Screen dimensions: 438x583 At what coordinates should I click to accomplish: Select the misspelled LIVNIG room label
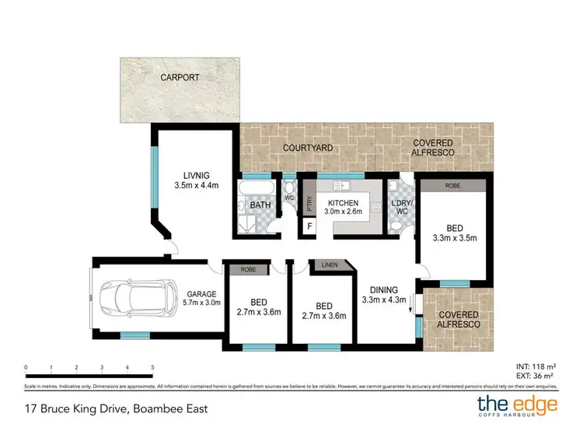[197, 174]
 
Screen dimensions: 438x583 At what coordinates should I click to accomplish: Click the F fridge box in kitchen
[310, 226]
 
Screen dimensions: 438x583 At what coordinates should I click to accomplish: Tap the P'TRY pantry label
[309, 204]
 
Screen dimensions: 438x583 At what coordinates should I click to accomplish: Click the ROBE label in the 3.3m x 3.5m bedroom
[452, 186]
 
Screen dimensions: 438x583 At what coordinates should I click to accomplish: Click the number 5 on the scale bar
[152, 366]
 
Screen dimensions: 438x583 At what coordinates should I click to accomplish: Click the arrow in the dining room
[410, 303]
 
